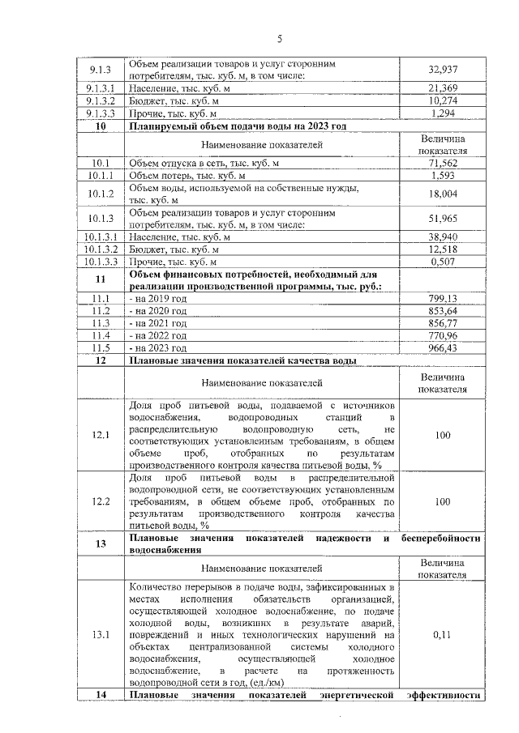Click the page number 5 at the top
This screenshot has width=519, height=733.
point(279,39)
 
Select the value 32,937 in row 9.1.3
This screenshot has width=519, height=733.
point(442,70)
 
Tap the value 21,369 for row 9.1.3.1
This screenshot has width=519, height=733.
point(442,87)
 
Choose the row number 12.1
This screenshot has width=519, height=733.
point(101,436)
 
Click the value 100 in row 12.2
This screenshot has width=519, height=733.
point(442,502)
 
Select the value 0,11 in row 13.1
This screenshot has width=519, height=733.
point(442,634)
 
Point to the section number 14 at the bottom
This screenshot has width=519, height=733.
point(101,695)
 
